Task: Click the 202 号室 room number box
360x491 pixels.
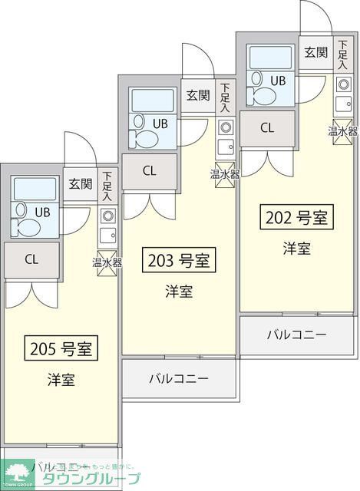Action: click(296, 218)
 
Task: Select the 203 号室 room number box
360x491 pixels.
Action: click(178, 261)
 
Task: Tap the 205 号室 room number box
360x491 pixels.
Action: click(61, 349)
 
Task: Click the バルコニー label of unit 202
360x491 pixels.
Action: click(296, 334)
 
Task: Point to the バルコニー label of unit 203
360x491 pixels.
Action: click(179, 378)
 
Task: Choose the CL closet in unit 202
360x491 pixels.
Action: click(266, 128)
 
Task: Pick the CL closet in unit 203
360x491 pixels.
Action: click(149, 171)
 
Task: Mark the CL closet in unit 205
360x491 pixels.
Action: click(31, 259)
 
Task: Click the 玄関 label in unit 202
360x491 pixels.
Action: click(315, 52)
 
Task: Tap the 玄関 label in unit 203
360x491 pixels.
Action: click(197, 95)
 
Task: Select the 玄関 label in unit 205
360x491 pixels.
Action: click(80, 183)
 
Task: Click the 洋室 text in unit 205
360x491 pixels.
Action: click(61, 380)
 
